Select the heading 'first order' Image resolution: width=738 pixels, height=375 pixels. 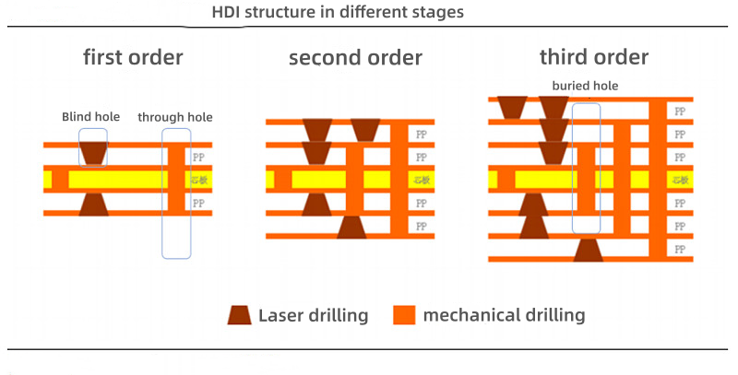[133, 57]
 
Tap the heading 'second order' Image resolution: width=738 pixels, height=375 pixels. [355, 58]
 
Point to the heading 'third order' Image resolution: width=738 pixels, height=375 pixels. [594, 57]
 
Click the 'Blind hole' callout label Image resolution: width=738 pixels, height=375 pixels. [90, 117]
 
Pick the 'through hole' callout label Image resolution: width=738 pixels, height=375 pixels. [175, 117]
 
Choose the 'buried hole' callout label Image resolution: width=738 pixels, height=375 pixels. [585, 86]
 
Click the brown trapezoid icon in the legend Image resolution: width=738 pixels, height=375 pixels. [240, 315]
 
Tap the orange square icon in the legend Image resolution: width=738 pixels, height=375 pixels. [402, 315]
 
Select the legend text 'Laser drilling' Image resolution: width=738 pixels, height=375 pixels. [314, 315]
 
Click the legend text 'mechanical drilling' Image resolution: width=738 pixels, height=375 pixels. [504, 315]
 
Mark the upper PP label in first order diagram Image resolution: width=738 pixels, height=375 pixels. [198, 157]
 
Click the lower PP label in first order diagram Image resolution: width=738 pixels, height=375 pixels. [198, 202]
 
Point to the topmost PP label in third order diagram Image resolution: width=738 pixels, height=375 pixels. [680, 111]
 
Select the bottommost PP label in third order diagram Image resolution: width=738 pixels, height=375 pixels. [680, 249]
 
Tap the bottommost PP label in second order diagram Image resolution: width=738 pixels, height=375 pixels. [422, 226]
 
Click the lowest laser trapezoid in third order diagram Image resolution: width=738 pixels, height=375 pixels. [588, 250]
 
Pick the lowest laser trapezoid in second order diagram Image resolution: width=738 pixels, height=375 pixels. [351, 227]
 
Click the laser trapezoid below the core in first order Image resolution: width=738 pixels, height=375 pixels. [93, 204]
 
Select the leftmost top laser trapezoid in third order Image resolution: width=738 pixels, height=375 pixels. [511, 108]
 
